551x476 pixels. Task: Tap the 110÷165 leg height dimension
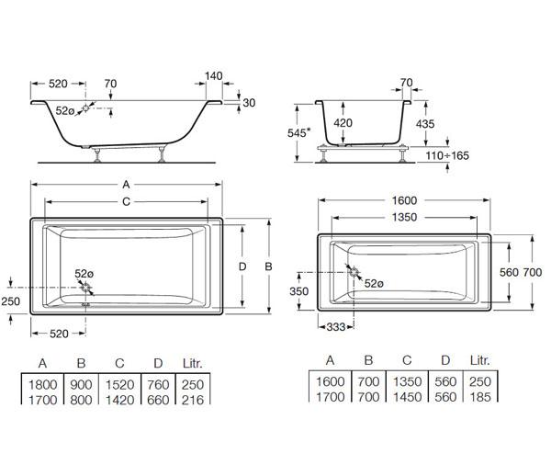[x=447, y=155]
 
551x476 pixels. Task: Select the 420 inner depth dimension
[x=343, y=123]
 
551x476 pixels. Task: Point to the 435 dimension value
[x=425, y=124]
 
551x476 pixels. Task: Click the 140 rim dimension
[x=214, y=76]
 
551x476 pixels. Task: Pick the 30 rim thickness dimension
[x=249, y=103]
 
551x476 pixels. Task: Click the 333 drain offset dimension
[x=335, y=327]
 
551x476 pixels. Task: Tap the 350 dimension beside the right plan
[x=299, y=291]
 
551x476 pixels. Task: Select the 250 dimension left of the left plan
[x=11, y=301]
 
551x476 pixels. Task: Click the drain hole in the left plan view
[x=85, y=288]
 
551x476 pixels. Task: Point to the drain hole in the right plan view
[x=354, y=272]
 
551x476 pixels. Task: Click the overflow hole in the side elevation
[x=85, y=108]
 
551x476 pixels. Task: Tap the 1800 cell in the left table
[x=43, y=385]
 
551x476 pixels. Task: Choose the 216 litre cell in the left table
[x=193, y=400]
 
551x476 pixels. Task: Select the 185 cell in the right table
[x=480, y=397]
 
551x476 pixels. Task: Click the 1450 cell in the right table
[x=407, y=397]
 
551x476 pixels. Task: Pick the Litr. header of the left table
[x=193, y=363]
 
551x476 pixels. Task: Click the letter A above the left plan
[x=126, y=184]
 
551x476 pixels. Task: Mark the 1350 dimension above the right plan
[x=404, y=217]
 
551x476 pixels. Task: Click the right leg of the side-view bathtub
[x=162, y=153]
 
